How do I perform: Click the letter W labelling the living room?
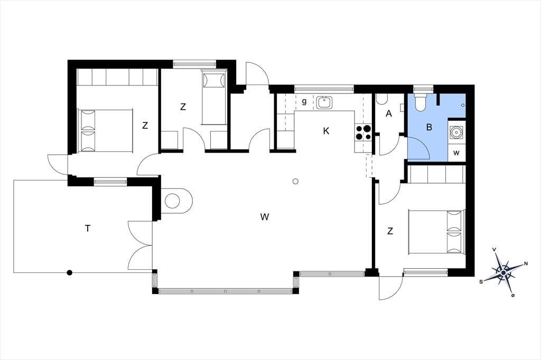click(x=265, y=217)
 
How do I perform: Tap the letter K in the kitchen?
click(x=326, y=131)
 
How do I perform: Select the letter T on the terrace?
click(x=88, y=228)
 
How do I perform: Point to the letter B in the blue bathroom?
click(x=429, y=127)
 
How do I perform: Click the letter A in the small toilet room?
click(x=389, y=113)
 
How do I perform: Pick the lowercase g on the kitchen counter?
click(x=304, y=102)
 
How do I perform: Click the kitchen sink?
click(x=324, y=102)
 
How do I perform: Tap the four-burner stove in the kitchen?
click(x=363, y=132)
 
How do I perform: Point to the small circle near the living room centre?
click(x=295, y=182)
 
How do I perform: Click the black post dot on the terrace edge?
click(x=70, y=272)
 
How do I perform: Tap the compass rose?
click(x=503, y=272)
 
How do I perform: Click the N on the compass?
click(x=526, y=264)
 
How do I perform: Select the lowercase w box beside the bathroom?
click(x=456, y=153)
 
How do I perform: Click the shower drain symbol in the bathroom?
click(x=463, y=105)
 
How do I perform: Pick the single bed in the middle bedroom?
click(x=213, y=98)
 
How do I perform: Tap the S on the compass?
click(x=481, y=282)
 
